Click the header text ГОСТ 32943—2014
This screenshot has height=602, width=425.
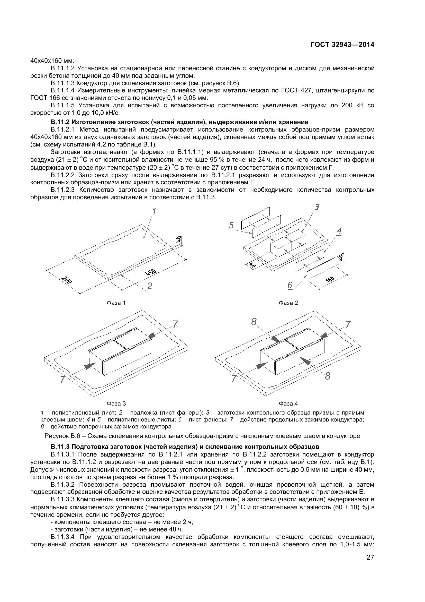(342, 45)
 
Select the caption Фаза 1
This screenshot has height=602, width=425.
(116, 303)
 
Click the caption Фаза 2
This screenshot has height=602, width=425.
(288, 303)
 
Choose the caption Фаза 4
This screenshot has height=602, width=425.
(288, 403)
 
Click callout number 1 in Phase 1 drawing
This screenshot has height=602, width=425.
(154, 211)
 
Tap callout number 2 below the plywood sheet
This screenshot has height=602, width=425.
(150, 286)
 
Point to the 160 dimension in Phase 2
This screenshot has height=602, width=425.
(330, 280)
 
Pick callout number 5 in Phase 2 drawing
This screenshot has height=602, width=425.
(231, 226)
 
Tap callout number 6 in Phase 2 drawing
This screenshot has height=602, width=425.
(290, 285)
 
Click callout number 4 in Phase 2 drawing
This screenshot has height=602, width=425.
(339, 231)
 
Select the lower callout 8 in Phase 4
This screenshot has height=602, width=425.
(328, 376)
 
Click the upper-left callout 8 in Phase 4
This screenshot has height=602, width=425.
(254, 322)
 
